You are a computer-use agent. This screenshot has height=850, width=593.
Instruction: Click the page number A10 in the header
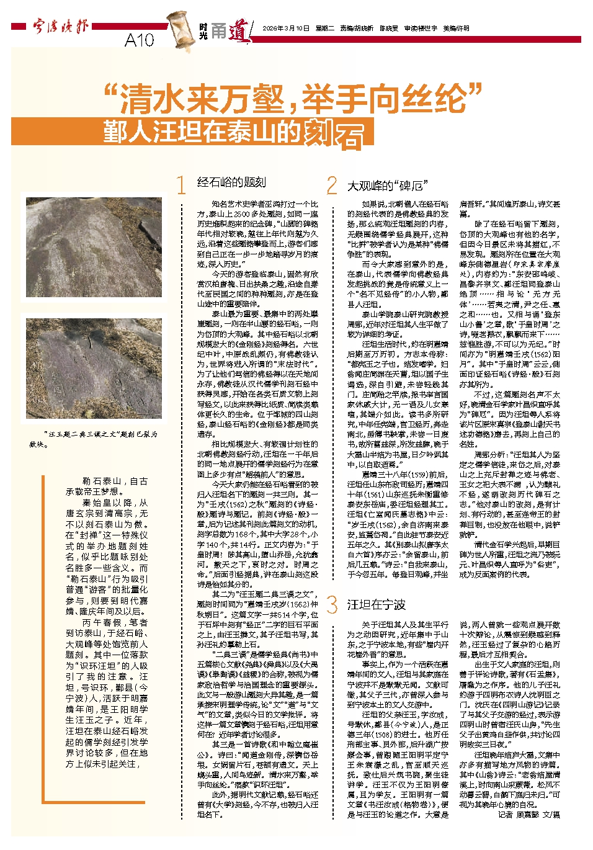139,40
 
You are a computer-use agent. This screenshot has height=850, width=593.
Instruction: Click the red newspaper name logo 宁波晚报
61,27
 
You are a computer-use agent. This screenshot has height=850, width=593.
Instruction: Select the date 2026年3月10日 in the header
285,29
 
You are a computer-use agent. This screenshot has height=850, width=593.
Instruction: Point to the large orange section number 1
181,185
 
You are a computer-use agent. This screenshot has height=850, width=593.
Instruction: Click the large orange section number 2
332,185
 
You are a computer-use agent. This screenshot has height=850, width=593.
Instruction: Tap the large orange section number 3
332,604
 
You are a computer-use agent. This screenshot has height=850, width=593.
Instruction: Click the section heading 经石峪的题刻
231,182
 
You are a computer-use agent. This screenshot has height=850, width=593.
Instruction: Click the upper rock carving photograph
94,247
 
